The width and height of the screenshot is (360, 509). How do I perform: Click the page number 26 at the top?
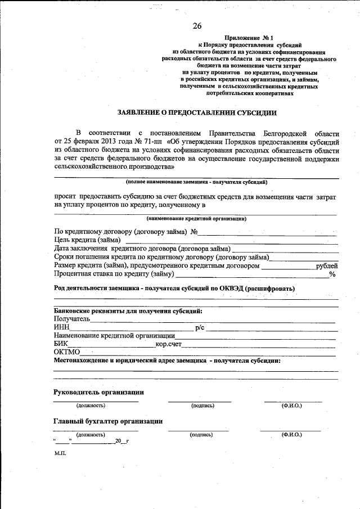[197, 26]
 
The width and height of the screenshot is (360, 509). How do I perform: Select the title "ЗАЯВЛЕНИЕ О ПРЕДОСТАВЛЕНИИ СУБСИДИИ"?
[197, 112]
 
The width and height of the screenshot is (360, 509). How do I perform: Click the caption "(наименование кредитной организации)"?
[196, 218]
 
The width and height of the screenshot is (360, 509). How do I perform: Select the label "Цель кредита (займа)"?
[87, 240]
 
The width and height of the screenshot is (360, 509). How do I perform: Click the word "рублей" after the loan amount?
[327, 265]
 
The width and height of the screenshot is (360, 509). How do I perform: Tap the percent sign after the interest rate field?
[332, 274]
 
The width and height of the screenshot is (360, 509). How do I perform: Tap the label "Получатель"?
[72, 319]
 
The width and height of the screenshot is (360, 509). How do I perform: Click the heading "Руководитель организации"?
[98, 392]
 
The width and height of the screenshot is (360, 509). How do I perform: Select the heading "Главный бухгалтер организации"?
[108, 421]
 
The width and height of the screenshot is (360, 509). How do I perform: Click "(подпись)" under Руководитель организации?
[202, 406]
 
